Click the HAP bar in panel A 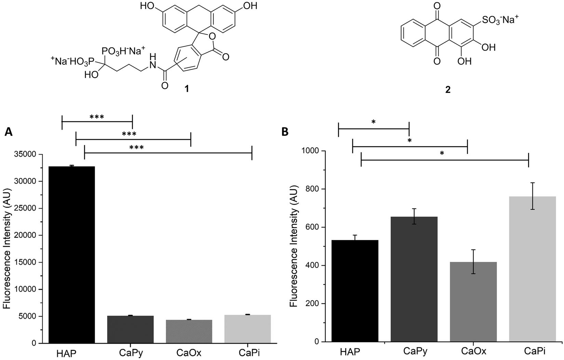pos(72,255)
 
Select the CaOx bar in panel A pos(189,331)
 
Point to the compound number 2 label pos(448,89)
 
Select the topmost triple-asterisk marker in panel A pos(97,117)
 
